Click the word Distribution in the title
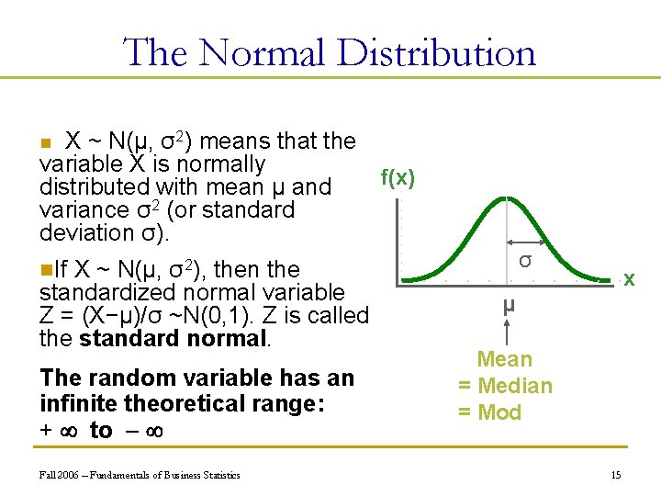436,52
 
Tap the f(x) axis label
398,178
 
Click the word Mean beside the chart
504,359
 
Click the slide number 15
615,474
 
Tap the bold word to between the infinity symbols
101,430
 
